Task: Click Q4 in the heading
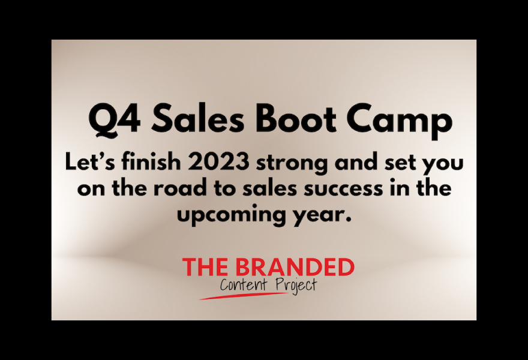pos(115,119)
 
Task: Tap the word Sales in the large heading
pos(197,118)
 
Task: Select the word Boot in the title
pos(296,118)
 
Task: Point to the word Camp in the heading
pos(400,121)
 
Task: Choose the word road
pos(180,188)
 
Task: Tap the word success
pos(343,190)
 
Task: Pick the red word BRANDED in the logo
pos(295,267)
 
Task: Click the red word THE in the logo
pos(205,267)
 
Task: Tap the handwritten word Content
pos(244,284)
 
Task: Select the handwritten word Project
pos(296,286)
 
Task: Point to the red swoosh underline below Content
pos(243,296)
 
